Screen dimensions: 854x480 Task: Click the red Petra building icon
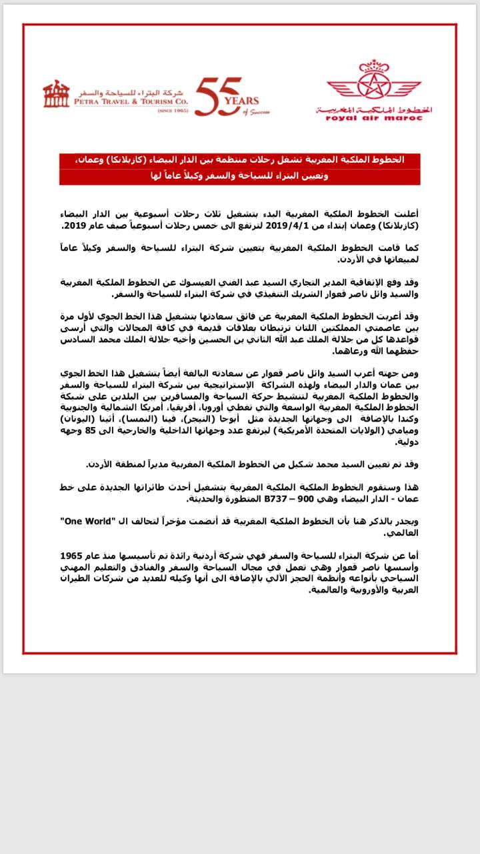[56, 95]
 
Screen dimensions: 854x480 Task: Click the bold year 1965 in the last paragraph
[73, 555]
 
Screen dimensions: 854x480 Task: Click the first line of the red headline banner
[240, 161]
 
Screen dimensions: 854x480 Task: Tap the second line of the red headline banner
[240, 177]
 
